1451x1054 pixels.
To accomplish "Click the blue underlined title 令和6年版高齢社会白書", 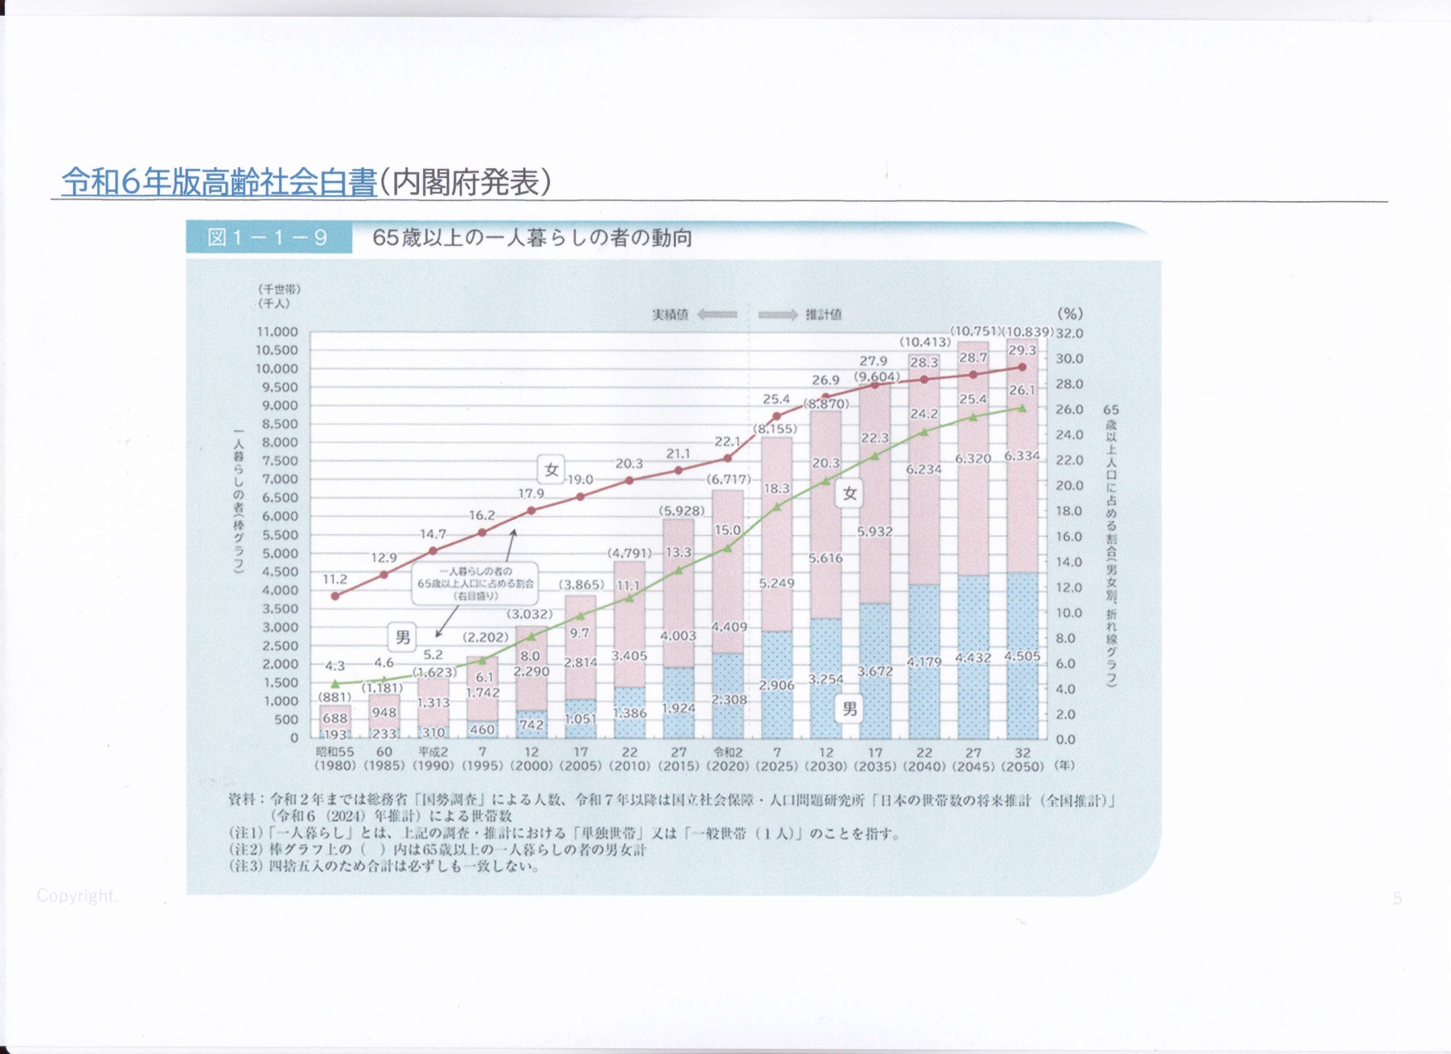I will tap(219, 182).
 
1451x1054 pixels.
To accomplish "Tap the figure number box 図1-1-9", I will tap(268, 238).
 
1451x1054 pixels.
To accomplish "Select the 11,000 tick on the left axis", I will tap(277, 332).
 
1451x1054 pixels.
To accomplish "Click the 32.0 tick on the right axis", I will tap(1069, 334).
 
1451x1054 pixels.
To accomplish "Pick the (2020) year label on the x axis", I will tap(728, 767).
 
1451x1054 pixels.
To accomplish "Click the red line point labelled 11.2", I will tap(335, 596).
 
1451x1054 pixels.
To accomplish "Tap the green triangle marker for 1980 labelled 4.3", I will tap(335, 684).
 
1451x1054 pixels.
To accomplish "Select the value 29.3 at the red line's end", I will tap(1022, 350).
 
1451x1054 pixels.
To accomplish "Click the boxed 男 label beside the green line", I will tap(403, 637).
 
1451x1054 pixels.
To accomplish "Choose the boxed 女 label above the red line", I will tap(552, 470).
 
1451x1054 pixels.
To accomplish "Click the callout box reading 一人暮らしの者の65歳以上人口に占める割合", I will tap(475, 584).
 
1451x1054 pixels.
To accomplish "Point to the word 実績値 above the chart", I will tap(670, 315).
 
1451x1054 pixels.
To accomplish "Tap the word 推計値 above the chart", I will tap(823, 315).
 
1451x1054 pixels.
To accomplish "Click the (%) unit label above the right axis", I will tap(1070, 314).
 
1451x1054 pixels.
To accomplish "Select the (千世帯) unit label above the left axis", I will tap(279, 289).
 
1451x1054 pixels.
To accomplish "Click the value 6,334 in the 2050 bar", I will tap(1022, 456).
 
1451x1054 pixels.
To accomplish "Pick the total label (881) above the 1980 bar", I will tap(335, 697).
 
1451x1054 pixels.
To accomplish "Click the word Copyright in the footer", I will tap(77, 896).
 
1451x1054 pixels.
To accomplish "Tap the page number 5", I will tap(1397, 899).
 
